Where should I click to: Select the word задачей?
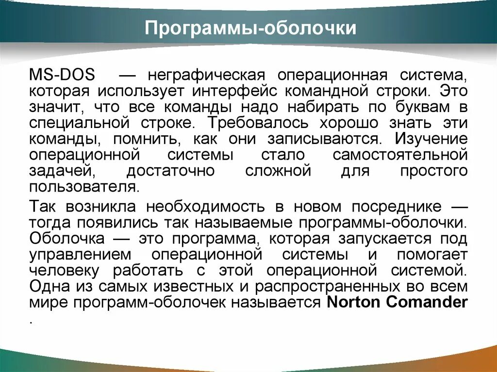pos(60,171)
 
